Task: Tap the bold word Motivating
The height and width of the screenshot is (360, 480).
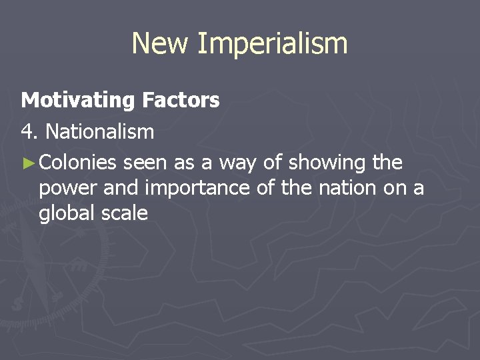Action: coord(78,101)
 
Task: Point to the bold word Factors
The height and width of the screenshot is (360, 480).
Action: coord(180,100)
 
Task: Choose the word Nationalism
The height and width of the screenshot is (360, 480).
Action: coord(99,132)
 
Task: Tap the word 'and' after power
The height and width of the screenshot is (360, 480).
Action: coord(121,188)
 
